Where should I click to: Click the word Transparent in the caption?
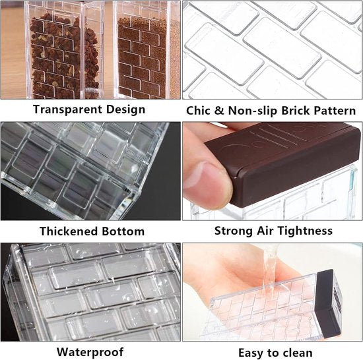point(67,109)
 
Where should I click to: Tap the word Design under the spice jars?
point(125,109)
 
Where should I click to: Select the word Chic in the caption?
point(198,111)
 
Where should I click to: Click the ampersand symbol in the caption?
point(218,111)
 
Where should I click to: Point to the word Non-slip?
point(253,111)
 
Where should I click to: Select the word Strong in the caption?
point(234,231)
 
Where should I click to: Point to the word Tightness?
point(305,231)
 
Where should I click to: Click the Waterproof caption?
point(90,352)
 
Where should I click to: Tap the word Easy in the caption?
point(251,353)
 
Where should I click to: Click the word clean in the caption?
point(298,353)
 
